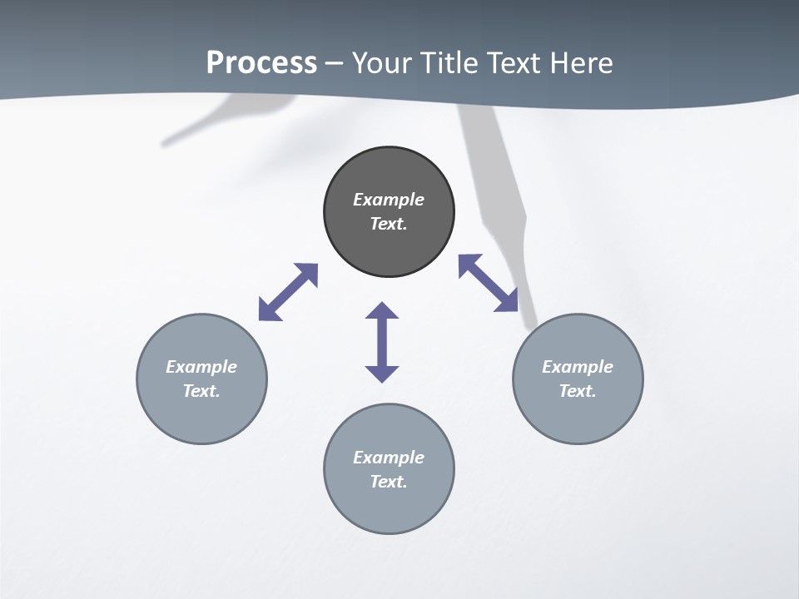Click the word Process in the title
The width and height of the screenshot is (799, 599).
pyautogui.click(x=261, y=63)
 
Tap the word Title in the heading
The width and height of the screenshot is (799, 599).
pyautogui.click(x=449, y=63)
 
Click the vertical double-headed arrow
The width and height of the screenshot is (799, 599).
pyautogui.click(x=382, y=342)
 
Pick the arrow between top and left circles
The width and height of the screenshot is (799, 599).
pyautogui.click(x=289, y=291)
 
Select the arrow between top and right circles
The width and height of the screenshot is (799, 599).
pyautogui.click(x=489, y=283)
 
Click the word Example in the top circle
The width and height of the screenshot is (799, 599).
pyautogui.click(x=389, y=200)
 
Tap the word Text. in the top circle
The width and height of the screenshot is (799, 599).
pyautogui.click(x=389, y=224)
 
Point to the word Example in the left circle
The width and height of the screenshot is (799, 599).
pyautogui.click(x=201, y=367)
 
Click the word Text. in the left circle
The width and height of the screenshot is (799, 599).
pyautogui.click(x=201, y=391)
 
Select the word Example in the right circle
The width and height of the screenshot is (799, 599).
pyautogui.click(x=578, y=367)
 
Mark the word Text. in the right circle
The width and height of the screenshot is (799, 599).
pyautogui.click(x=578, y=391)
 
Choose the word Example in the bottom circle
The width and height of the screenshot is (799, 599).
pyautogui.click(x=389, y=458)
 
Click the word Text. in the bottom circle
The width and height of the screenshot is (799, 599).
pyautogui.click(x=389, y=482)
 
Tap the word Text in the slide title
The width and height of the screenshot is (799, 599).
pyautogui.click(x=514, y=63)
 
